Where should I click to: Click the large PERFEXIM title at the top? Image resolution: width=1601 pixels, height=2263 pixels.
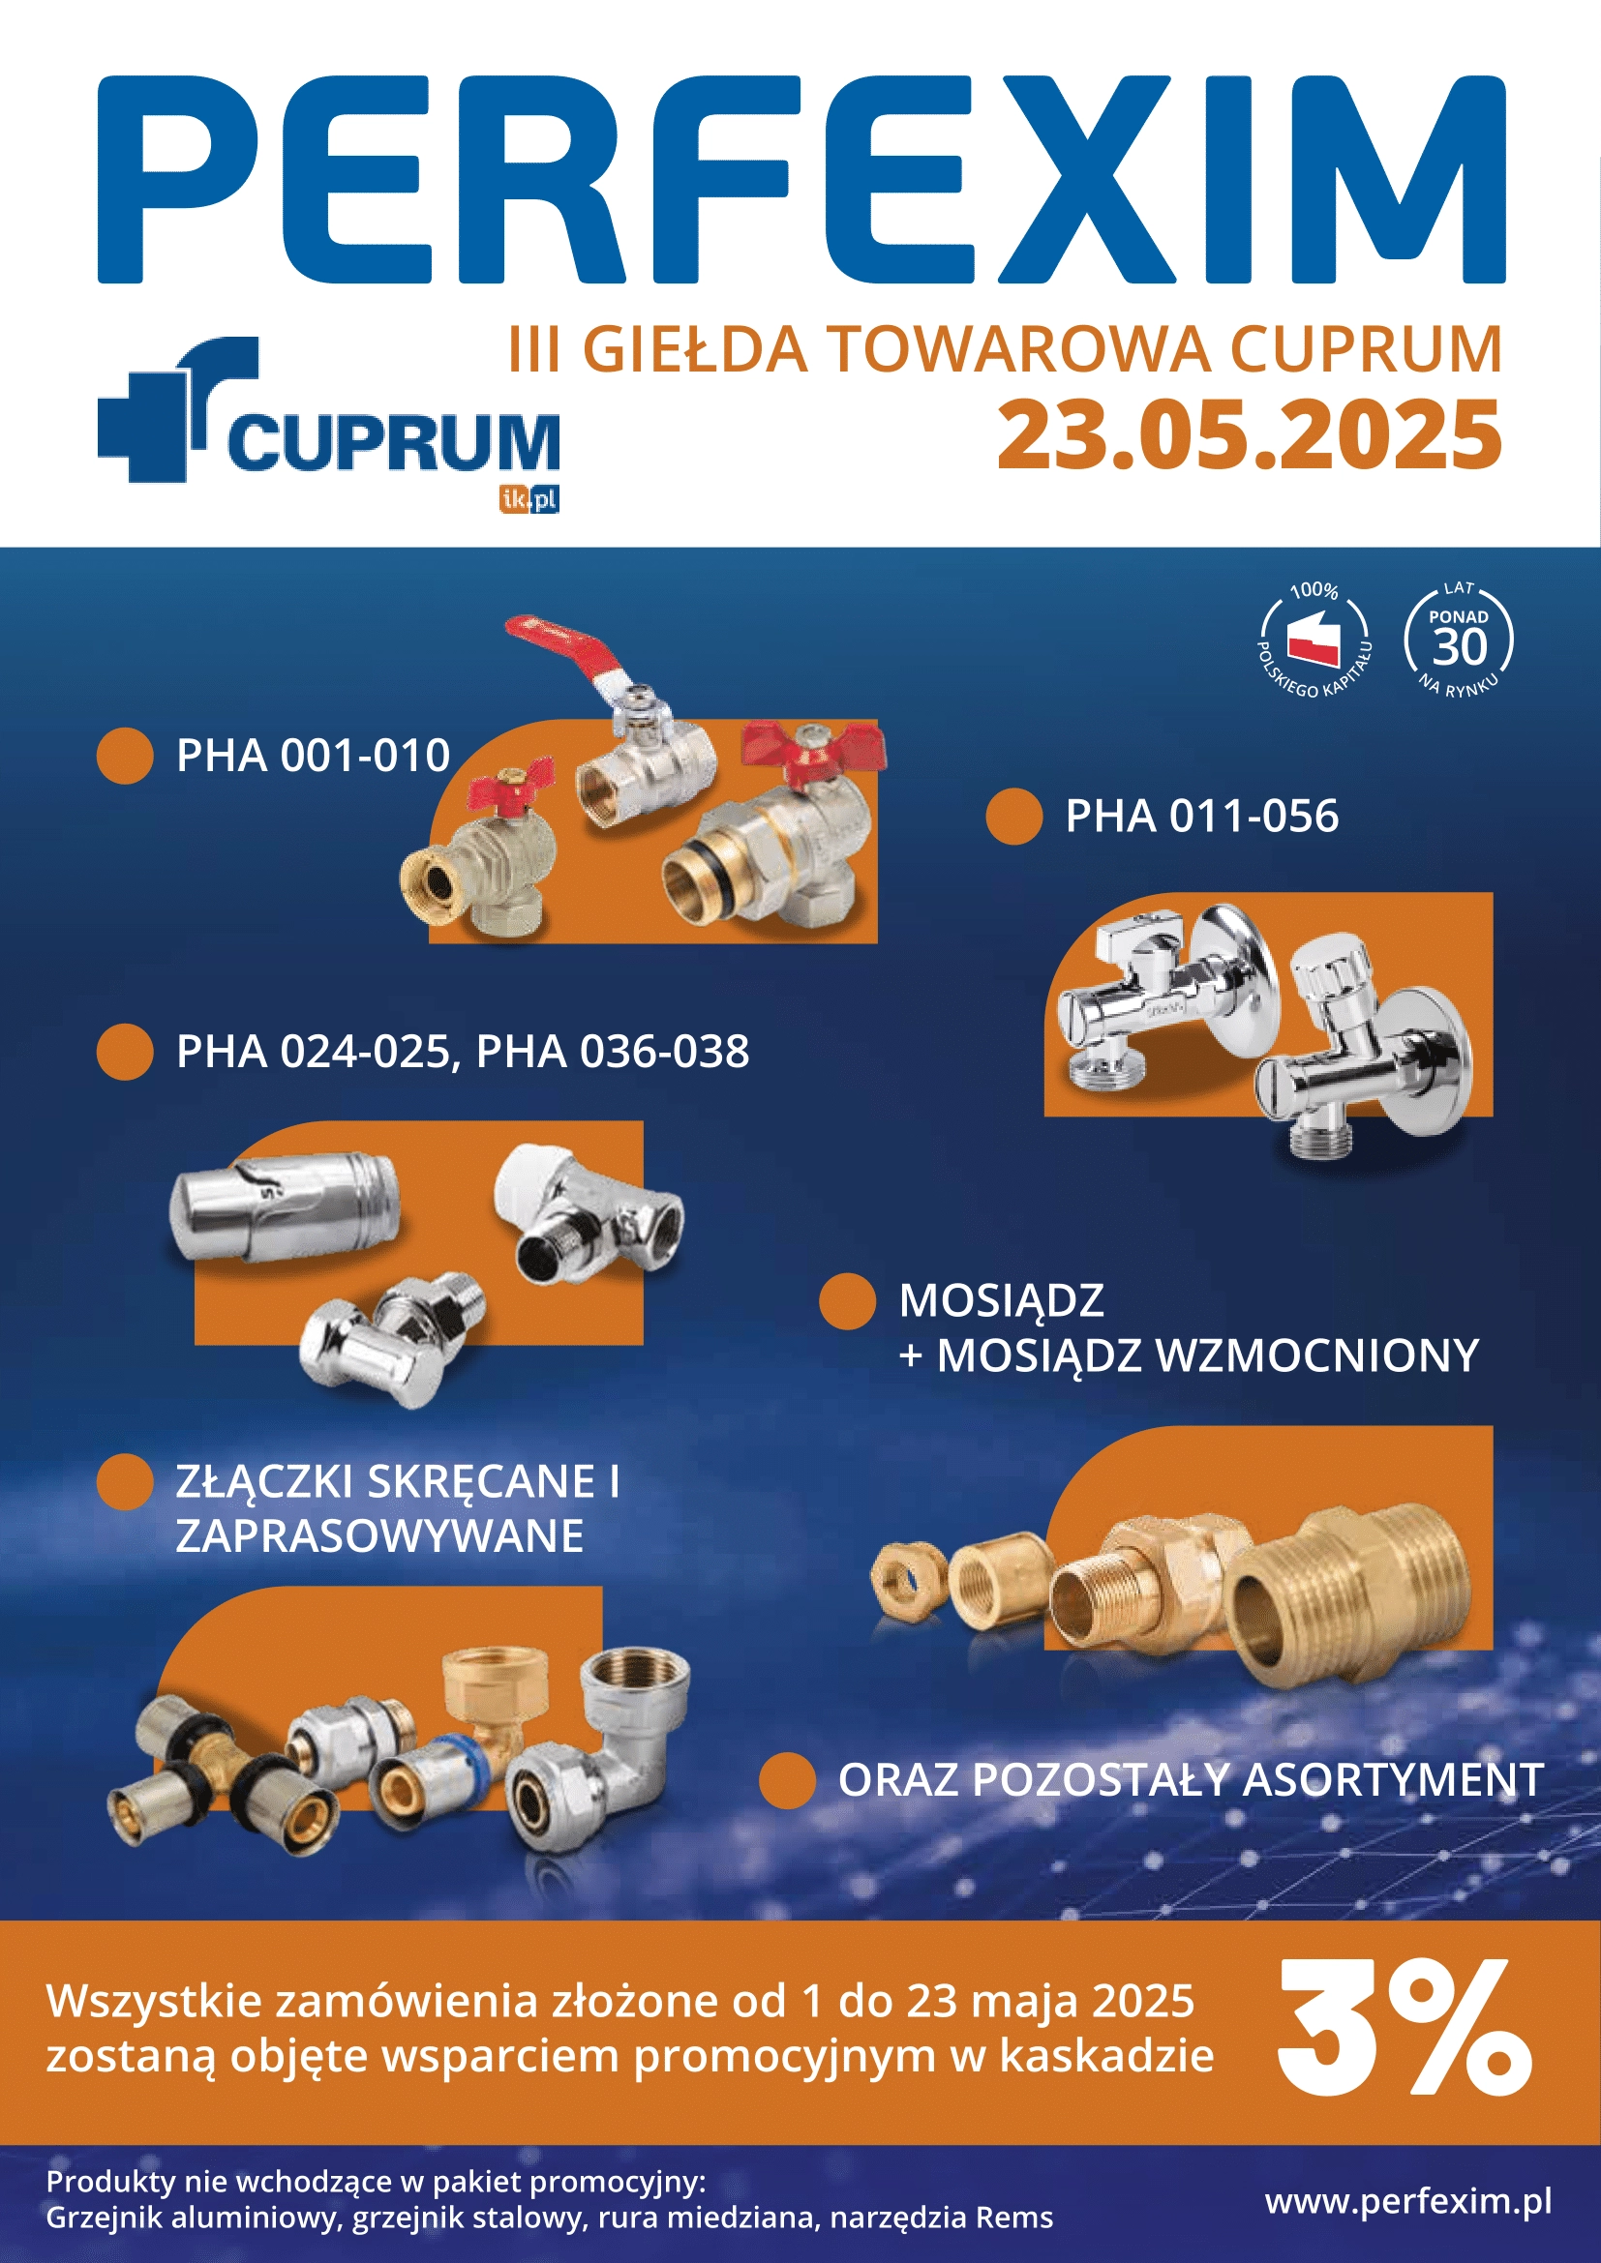[800, 179]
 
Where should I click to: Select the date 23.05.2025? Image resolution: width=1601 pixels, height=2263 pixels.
[1249, 434]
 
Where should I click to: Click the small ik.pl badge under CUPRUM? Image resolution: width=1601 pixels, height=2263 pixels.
[529, 499]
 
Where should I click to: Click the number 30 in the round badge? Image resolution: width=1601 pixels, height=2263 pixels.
[1459, 647]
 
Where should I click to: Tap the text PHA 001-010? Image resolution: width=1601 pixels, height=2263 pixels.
[313, 756]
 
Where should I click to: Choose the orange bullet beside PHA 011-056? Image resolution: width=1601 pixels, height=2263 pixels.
[1013, 817]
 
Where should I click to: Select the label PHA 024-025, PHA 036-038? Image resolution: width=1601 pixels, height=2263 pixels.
[463, 1052]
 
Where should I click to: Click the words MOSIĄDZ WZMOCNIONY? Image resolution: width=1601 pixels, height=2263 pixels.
[1208, 1355]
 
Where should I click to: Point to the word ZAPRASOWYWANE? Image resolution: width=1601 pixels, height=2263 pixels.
[379, 1535]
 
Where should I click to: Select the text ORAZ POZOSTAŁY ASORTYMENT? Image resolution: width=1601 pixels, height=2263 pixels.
[1191, 1779]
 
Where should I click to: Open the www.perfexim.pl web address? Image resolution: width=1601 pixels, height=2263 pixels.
[1408, 2200]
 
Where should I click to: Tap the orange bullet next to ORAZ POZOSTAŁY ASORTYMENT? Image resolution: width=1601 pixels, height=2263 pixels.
[787, 1780]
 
